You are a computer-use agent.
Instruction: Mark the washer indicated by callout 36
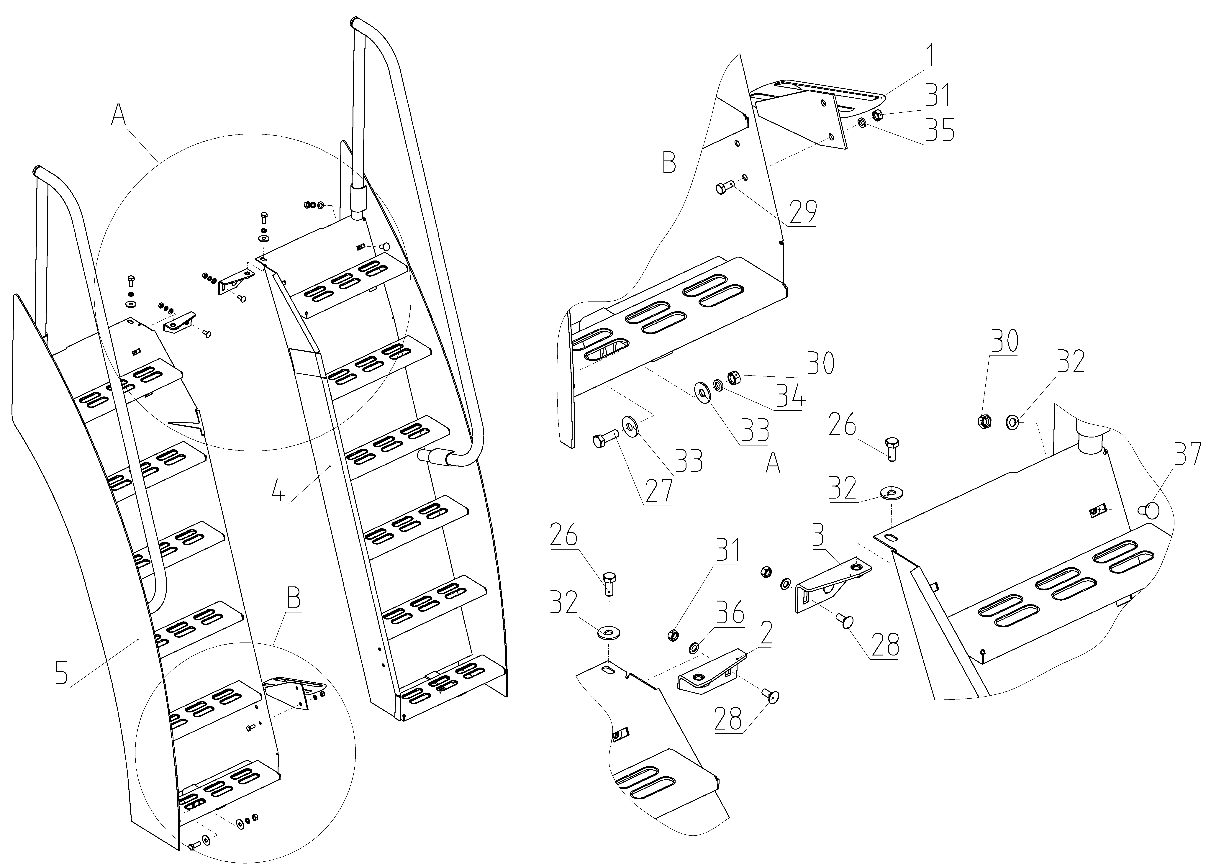(694, 649)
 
